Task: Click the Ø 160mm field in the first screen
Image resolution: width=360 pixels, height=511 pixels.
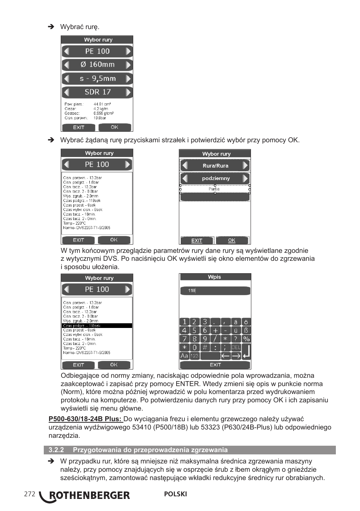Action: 97,65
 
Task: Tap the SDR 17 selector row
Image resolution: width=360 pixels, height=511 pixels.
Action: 97,92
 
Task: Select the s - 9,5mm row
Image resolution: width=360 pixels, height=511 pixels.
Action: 97,78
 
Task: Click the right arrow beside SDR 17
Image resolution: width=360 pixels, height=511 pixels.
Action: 129,92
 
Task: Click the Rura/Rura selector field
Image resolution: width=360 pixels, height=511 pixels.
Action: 215,165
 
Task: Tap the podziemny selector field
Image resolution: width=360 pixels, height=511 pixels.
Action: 215,179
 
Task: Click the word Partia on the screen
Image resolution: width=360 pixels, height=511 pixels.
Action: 214,189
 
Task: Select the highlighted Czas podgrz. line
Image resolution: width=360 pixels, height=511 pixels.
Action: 97,325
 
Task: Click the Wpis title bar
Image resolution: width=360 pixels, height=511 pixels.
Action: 215,277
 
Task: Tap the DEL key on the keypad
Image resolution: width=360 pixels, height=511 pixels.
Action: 235,347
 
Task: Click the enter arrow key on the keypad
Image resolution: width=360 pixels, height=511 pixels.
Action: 246,351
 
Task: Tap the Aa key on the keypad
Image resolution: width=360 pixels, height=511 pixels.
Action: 184,356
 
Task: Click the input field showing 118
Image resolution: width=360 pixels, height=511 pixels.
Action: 215,291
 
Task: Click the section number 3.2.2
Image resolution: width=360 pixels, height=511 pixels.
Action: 56,450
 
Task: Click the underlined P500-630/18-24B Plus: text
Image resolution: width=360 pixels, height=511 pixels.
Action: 85,419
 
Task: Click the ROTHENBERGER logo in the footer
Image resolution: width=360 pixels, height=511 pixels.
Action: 86,496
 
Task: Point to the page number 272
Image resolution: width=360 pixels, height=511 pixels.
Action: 29,494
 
